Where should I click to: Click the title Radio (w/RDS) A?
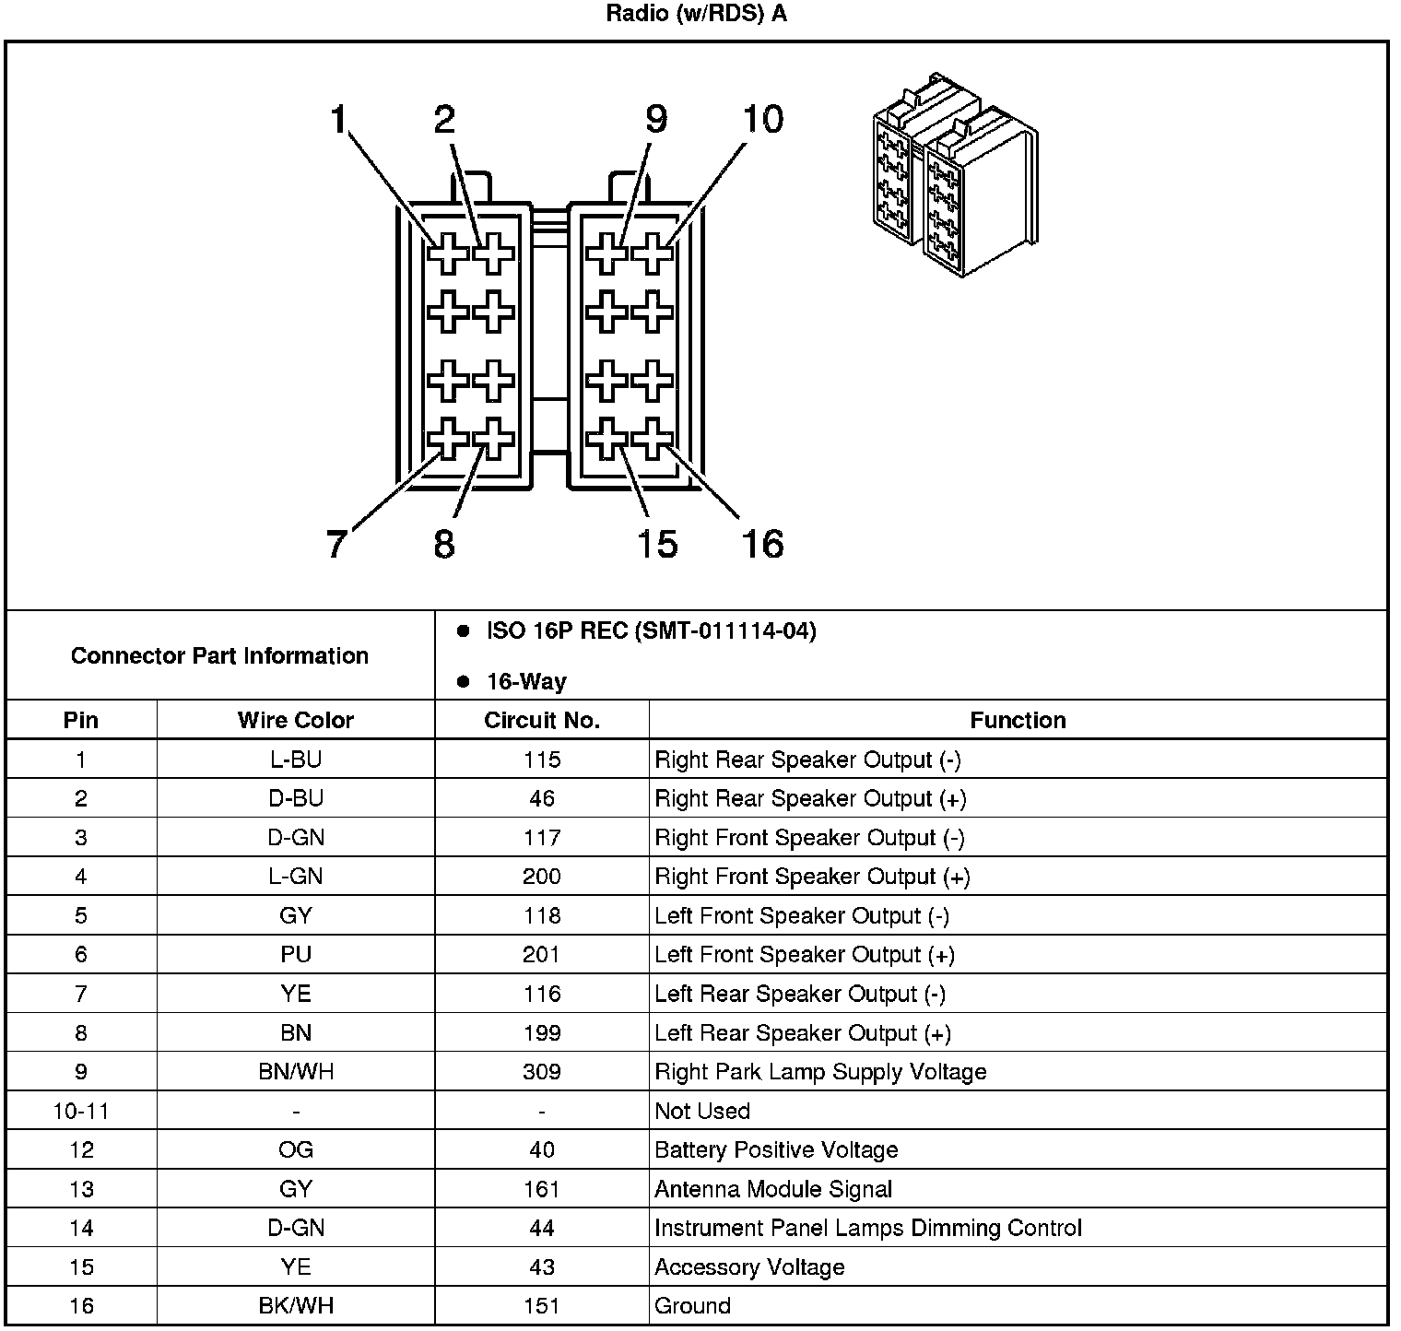tap(697, 15)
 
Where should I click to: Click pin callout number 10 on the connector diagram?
tap(763, 120)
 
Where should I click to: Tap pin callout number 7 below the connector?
tap(336, 544)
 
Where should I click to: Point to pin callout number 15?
tap(657, 544)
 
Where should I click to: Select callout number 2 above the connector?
tap(445, 120)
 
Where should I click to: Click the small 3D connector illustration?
tap(954, 175)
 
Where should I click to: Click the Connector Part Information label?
tap(219, 656)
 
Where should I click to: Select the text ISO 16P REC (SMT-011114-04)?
tap(651, 631)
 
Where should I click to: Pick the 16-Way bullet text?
tap(526, 682)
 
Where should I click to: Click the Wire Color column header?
tap(295, 720)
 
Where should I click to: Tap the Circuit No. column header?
tap(541, 720)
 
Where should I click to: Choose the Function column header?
tap(1018, 720)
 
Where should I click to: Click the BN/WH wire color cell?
tap(295, 1072)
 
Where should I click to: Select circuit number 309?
tap(541, 1072)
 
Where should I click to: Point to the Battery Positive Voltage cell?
tap(776, 1150)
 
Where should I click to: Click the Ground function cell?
tap(692, 1306)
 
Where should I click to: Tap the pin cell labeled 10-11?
tap(81, 1112)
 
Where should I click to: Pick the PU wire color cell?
tap(295, 955)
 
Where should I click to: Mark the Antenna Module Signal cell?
tap(773, 1190)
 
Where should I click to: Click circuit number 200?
tap(541, 877)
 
